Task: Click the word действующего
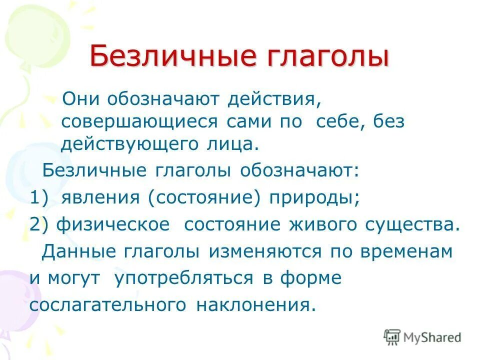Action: point(124,144)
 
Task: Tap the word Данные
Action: point(73,251)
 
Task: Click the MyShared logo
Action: point(422,337)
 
